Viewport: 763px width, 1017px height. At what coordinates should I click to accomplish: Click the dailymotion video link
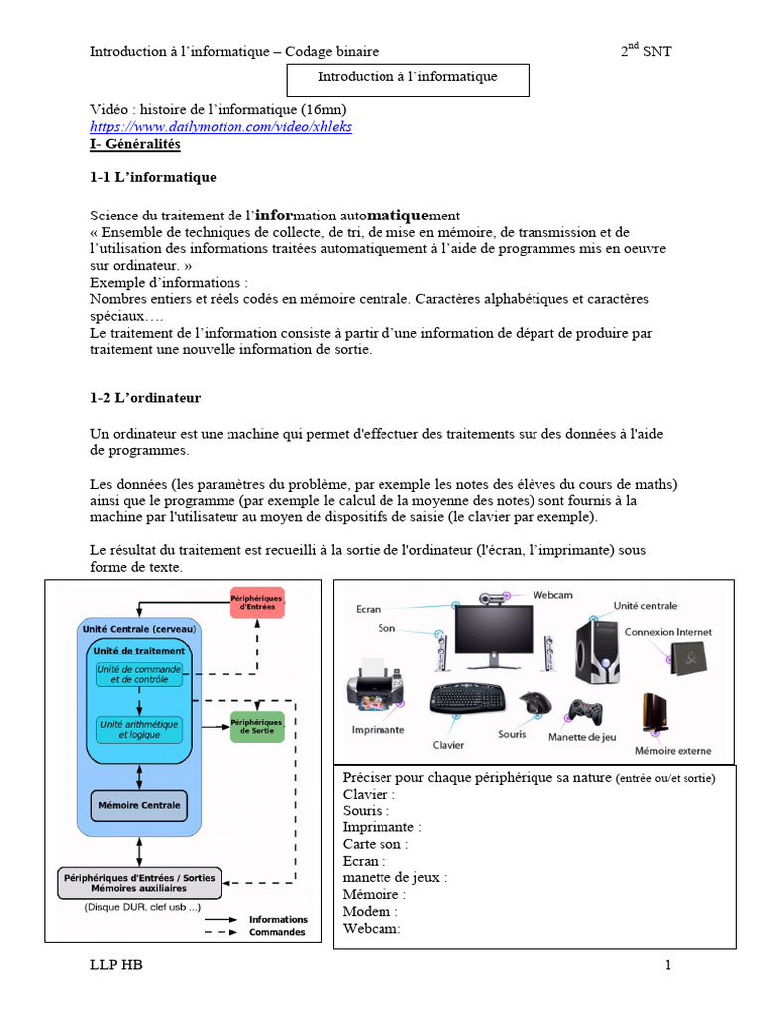(x=221, y=127)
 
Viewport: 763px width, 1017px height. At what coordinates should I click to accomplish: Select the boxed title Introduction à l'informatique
(x=407, y=77)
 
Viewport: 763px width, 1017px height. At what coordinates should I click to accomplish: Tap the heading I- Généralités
(x=136, y=144)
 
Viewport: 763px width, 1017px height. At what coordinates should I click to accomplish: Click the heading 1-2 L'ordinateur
(x=145, y=398)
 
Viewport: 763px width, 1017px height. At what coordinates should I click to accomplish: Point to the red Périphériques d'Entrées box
(x=256, y=603)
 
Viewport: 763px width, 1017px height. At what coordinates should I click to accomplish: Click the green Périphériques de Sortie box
(x=256, y=727)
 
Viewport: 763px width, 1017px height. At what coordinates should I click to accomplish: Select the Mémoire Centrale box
(x=139, y=805)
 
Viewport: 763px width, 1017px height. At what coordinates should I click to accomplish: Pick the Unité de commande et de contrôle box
(x=139, y=674)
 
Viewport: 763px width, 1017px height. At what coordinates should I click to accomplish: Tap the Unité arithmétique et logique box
(x=139, y=730)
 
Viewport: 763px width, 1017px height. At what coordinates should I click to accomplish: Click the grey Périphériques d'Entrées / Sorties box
(x=138, y=883)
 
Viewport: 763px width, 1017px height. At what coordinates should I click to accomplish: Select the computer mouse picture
(x=535, y=703)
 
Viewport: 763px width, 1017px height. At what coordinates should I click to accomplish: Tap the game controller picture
(x=584, y=712)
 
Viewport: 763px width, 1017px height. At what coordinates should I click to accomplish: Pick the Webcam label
(x=552, y=594)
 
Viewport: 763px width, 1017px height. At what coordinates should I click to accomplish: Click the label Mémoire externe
(x=673, y=751)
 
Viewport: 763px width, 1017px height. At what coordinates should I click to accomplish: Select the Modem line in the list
(x=371, y=911)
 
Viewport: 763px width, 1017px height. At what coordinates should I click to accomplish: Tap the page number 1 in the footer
(x=669, y=965)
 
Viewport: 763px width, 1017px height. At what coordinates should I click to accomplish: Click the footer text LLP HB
(x=117, y=965)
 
